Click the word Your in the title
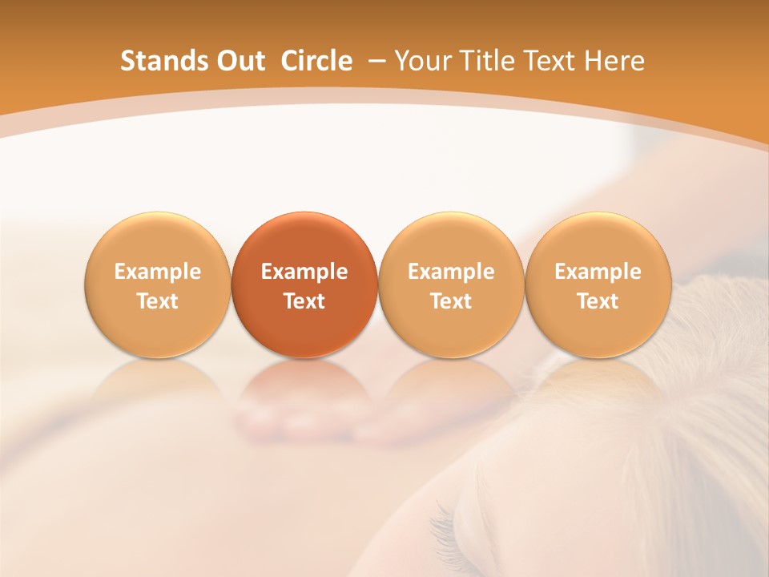pyautogui.click(x=421, y=61)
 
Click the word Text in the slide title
pyautogui.click(x=546, y=61)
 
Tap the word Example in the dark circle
pyautogui.click(x=304, y=272)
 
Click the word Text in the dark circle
pyautogui.click(x=304, y=301)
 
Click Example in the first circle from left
pyautogui.click(x=158, y=272)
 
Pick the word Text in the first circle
pyautogui.click(x=158, y=301)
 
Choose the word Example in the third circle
pyautogui.click(x=451, y=272)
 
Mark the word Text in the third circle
pyautogui.click(x=451, y=301)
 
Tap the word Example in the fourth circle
pyautogui.click(x=598, y=272)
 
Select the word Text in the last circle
pyautogui.click(x=598, y=301)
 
